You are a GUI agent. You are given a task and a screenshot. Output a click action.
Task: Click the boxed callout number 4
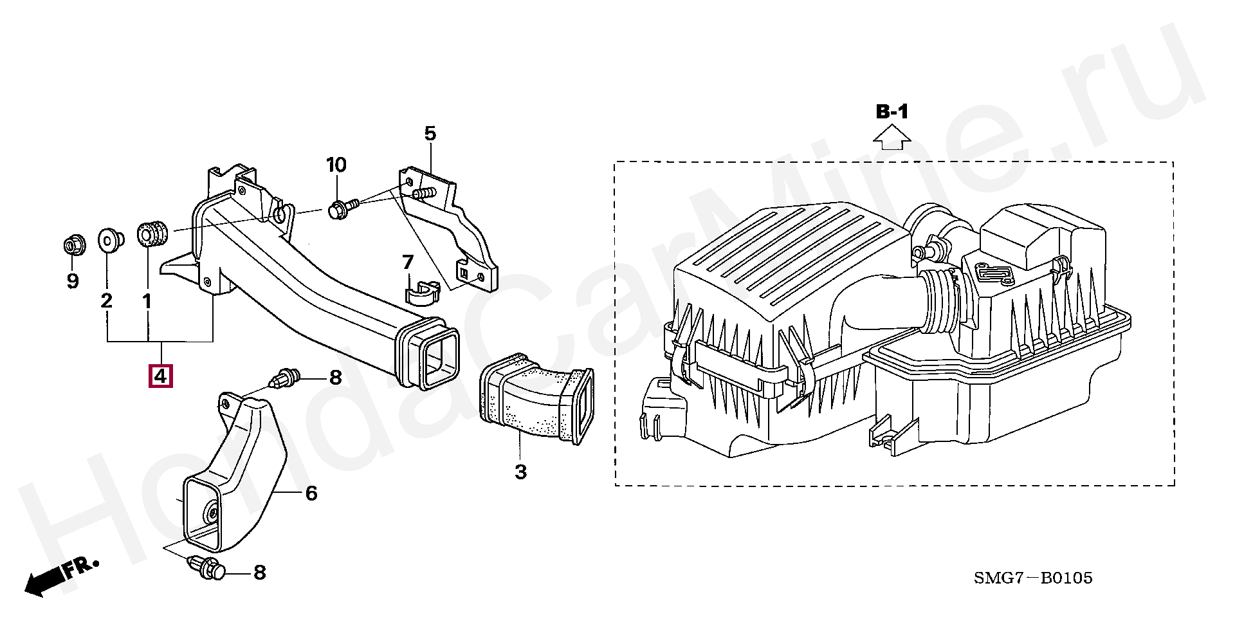click(x=160, y=376)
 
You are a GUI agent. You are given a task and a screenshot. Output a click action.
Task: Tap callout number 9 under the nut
click(x=73, y=281)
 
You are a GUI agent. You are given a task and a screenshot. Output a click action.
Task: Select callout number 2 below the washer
click(x=107, y=300)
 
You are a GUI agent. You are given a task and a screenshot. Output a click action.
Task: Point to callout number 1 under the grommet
click(x=147, y=300)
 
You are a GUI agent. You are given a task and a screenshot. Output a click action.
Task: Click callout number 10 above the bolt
click(x=336, y=165)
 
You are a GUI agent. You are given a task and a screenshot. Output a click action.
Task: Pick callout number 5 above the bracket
click(x=430, y=134)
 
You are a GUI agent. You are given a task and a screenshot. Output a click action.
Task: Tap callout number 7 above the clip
click(x=408, y=262)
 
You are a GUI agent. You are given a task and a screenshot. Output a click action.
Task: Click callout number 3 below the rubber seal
click(x=521, y=472)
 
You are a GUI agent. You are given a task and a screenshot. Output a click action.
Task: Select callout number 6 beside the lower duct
click(x=311, y=493)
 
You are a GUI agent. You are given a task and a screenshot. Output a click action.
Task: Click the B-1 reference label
click(x=892, y=112)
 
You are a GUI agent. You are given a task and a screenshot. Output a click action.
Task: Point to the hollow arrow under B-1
click(x=892, y=137)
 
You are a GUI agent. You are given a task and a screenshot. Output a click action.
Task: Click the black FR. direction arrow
click(x=61, y=576)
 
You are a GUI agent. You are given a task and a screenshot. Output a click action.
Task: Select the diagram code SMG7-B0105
click(x=1033, y=578)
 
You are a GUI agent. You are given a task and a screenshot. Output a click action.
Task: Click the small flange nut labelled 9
click(x=72, y=246)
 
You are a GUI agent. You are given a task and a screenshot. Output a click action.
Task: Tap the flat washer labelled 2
click(x=110, y=240)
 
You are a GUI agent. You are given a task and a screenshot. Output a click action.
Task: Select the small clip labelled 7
click(x=422, y=292)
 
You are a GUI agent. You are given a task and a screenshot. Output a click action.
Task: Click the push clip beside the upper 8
click(x=286, y=377)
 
